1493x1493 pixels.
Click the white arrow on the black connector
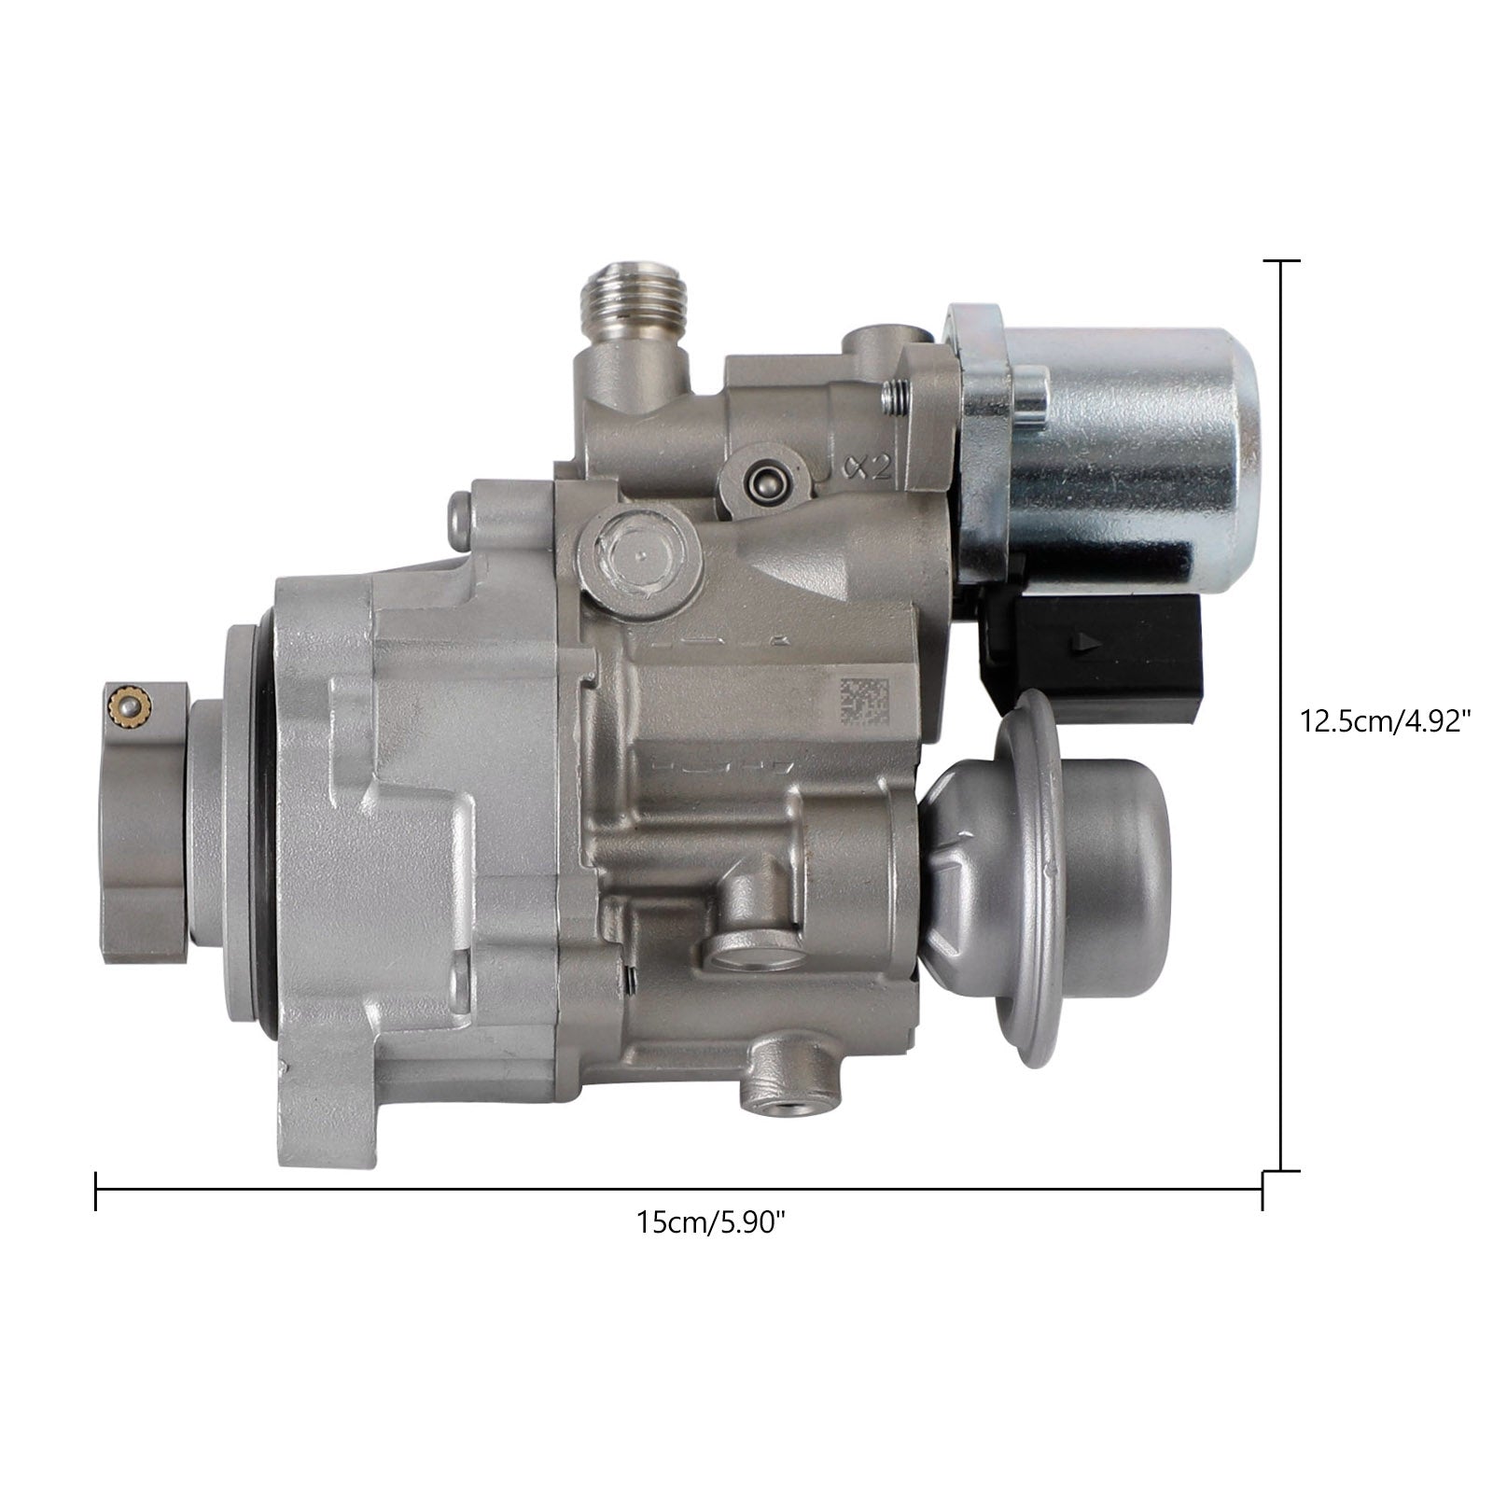pyautogui.click(x=1083, y=642)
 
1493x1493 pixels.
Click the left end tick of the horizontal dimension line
pyautogui.click(x=96, y=1189)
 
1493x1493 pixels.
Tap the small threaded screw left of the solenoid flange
pyautogui.click(x=896, y=396)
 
